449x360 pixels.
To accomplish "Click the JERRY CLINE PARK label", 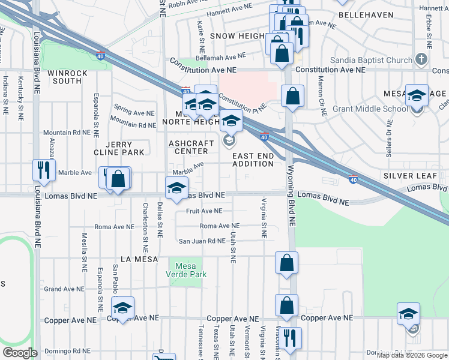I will pyautogui.click(x=124, y=148).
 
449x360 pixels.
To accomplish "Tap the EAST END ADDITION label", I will pyautogui.click(x=253, y=160).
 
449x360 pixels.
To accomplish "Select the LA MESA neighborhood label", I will pyautogui.click(x=139, y=259).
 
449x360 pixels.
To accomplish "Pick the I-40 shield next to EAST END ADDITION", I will pyautogui.click(x=264, y=137).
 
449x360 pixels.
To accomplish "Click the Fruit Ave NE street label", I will pyautogui.click(x=204, y=211).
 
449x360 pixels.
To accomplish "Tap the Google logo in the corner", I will pyautogui.click(x=20, y=352).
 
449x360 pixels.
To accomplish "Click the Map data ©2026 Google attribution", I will pyautogui.click(x=412, y=355).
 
